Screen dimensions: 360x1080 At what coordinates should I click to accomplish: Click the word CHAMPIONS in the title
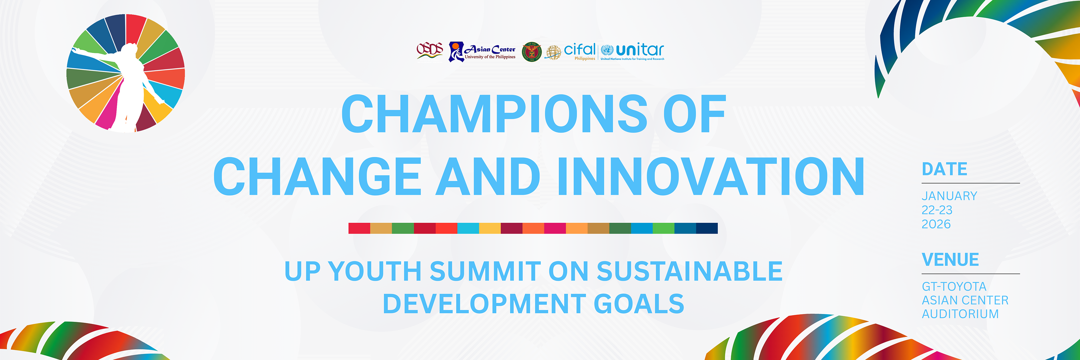(495, 114)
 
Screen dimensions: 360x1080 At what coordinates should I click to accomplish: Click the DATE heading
(944, 169)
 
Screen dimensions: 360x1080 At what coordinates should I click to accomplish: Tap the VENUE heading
(950, 260)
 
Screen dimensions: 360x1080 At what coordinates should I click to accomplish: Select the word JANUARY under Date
(949, 196)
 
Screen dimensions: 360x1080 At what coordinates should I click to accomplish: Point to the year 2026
(936, 224)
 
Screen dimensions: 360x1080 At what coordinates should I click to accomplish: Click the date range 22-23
(937, 210)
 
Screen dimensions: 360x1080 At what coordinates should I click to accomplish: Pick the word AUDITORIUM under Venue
(960, 314)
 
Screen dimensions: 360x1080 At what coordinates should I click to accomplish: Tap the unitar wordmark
(640, 50)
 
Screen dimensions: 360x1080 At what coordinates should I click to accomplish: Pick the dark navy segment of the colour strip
(707, 228)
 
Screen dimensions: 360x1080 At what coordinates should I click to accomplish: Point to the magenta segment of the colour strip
(555, 228)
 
